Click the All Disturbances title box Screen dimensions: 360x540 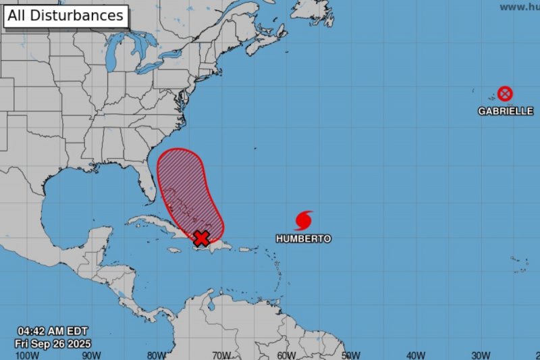(x=66, y=16)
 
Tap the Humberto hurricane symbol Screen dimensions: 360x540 (x=304, y=220)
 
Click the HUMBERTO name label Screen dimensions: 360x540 (x=304, y=238)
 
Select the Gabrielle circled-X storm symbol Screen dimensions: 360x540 (x=505, y=94)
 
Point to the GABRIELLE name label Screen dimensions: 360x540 (x=506, y=111)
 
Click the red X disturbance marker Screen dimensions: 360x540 (x=200, y=238)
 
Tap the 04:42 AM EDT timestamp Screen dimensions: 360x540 (x=52, y=332)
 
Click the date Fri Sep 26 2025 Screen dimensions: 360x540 (x=53, y=343)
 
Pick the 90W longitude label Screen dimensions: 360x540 (x=92, y=355)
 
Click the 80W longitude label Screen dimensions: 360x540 (x=157, y=355)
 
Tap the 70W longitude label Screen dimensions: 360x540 (x=221, y=355)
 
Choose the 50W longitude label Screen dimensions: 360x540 (x=351, y=355)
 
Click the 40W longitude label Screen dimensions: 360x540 (x=416, y=355)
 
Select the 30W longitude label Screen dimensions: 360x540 (x=481, y=355)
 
